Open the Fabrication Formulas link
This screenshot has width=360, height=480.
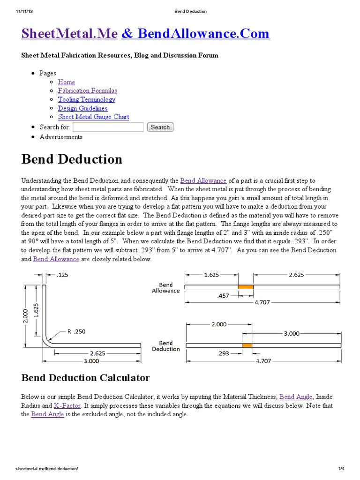87,90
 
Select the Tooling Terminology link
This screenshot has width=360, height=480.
86,99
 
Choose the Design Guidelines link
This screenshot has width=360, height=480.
82,108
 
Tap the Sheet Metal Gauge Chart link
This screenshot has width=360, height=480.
93,117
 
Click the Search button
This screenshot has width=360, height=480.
160,127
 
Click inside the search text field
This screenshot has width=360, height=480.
108,127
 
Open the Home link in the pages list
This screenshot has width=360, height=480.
66,82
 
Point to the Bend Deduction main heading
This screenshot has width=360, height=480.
72,159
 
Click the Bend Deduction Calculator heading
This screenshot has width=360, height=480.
85,377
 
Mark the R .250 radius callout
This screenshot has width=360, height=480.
76,331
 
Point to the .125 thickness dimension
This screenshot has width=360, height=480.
62,275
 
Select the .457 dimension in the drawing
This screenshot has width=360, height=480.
224,296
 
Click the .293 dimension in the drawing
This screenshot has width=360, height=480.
224,353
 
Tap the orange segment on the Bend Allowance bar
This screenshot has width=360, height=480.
246,287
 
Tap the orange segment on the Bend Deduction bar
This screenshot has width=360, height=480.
247,345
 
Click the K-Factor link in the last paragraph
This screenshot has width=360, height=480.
67,405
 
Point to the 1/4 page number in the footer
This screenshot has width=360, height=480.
341,469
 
